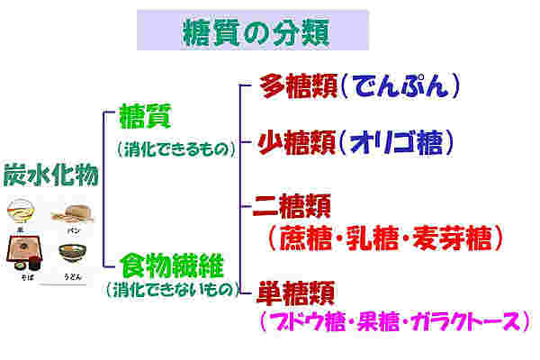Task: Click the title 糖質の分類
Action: pyautogui.click(x=256, y=32)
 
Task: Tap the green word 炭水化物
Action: pyautogui.click(x=51, y=175)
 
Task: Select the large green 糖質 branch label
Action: pyautogui.click(x=145, y=116)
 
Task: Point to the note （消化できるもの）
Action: pyautogui.click(x=176, y=149)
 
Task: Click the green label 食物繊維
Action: pyautogui.click(x=172, y=265)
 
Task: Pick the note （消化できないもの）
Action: pyautogui.click(x=173, y=289)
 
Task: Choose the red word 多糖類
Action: pyautogui.click(x=298, y=85)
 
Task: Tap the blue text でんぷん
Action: pyautogui.click(x=400, y=85)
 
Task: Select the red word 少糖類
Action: pyautogui.click(x=296, y=142)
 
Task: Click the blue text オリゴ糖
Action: pyautogui.click(x=396, y=142)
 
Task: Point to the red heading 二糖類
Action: pyautogui.click(x=292, y=206)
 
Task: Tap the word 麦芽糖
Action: pyautogui.click(x=452, y=238)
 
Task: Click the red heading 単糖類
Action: pyautogui.click(x=296, y=292)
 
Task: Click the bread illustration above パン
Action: pyautogui.click(x=74, y=214)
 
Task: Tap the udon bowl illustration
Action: pyautogui.click(x=72, y=253)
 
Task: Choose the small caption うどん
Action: pyautogui.click(x=73, y=276)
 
